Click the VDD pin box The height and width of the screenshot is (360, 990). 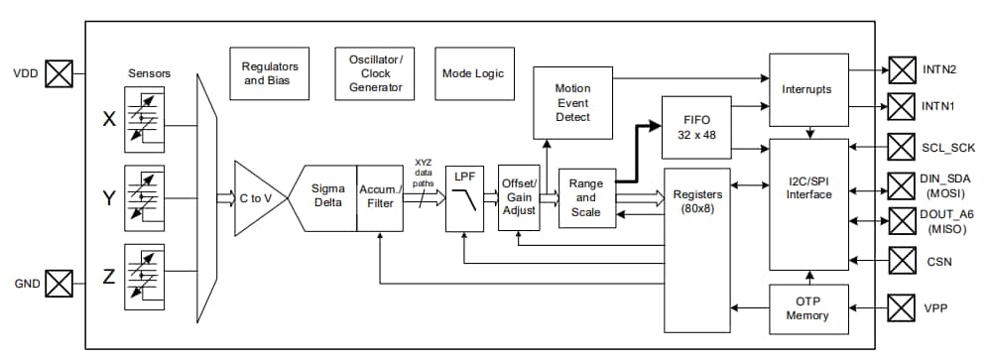pos(61,73)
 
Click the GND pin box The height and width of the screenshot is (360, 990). pos(61,283)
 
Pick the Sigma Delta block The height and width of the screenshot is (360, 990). pos(325,196)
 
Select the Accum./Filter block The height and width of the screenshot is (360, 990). pos(381,196)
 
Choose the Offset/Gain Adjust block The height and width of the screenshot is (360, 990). pos(520,196)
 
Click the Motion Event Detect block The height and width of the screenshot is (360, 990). pos(572,102)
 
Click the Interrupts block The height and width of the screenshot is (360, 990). pos(807,89)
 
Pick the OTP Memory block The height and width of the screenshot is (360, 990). pos(807,308)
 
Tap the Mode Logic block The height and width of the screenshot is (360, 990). pos(474,73)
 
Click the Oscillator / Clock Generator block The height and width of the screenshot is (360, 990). pos(375,73)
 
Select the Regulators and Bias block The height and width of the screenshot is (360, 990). pos(270,73)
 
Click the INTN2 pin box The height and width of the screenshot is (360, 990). pos(902,70)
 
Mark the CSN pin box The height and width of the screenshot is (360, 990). pos(902,262)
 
